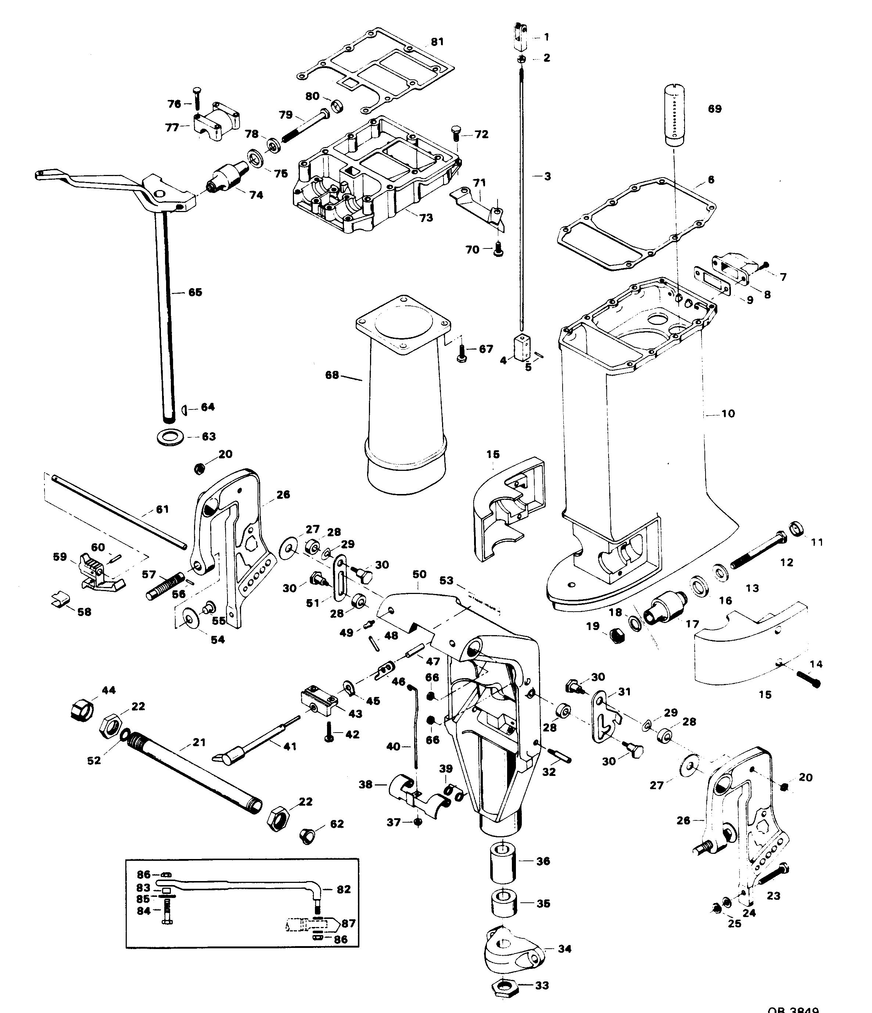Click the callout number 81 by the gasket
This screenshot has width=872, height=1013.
tap(437, 42)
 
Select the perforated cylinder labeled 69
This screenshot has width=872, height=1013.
tap(674, 115)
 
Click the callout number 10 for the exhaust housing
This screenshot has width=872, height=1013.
tap(728, 414)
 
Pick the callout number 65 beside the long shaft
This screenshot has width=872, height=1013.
tap(195, 292)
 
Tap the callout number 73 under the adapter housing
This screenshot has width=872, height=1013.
tap(426, 218)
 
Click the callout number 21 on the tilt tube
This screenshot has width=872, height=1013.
tap(199, 742)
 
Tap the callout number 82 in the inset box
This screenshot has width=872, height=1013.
tap(344, 889)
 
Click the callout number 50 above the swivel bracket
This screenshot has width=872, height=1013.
tap(419, 574)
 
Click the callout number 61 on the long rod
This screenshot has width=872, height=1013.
tap(162, 509)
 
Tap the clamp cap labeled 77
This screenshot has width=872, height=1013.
tap(215, 121)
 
